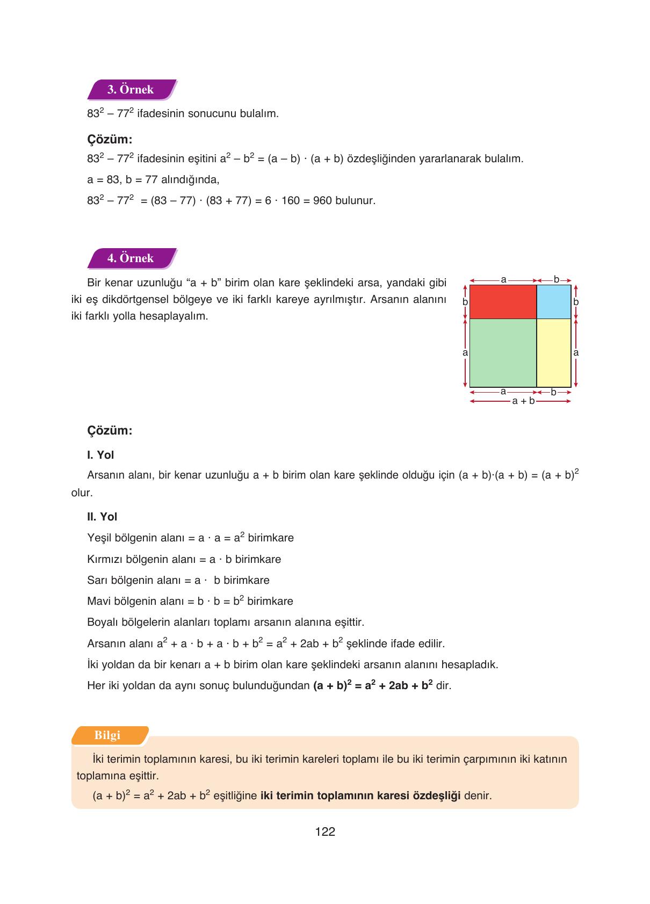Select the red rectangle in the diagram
click(503, 302)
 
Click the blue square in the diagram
click(554, 302)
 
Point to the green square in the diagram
click(503, 353)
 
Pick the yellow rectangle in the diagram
click(554, 353)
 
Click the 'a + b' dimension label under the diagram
click(523, 401)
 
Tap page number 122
click(325, 832)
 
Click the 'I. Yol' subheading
click(100, 455)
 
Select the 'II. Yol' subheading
click(102, 517)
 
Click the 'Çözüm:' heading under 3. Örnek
click(110, 140)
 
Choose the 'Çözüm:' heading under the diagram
click(110, 431)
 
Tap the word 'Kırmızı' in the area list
click(105, 559)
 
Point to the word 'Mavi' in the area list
click(99, 601)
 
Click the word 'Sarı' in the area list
click(97, 580)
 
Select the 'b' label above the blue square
click(557, 279)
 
